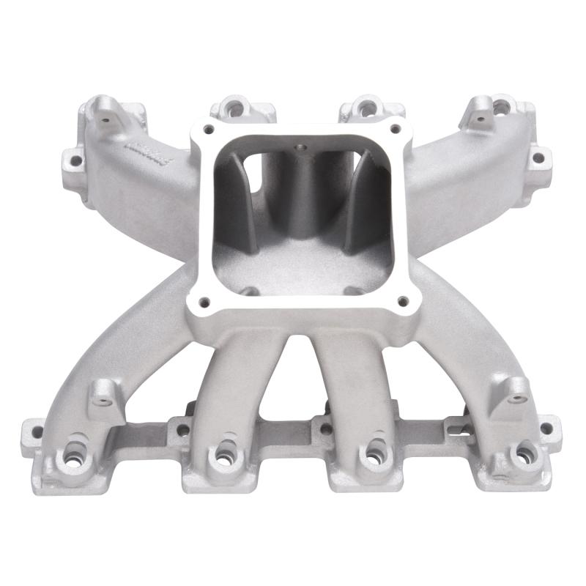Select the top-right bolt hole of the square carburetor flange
(395, 130)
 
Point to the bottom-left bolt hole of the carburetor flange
(205, 300)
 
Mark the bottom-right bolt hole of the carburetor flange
(401, 300)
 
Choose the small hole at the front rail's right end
(546, 429)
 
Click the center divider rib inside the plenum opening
(300, 190)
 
